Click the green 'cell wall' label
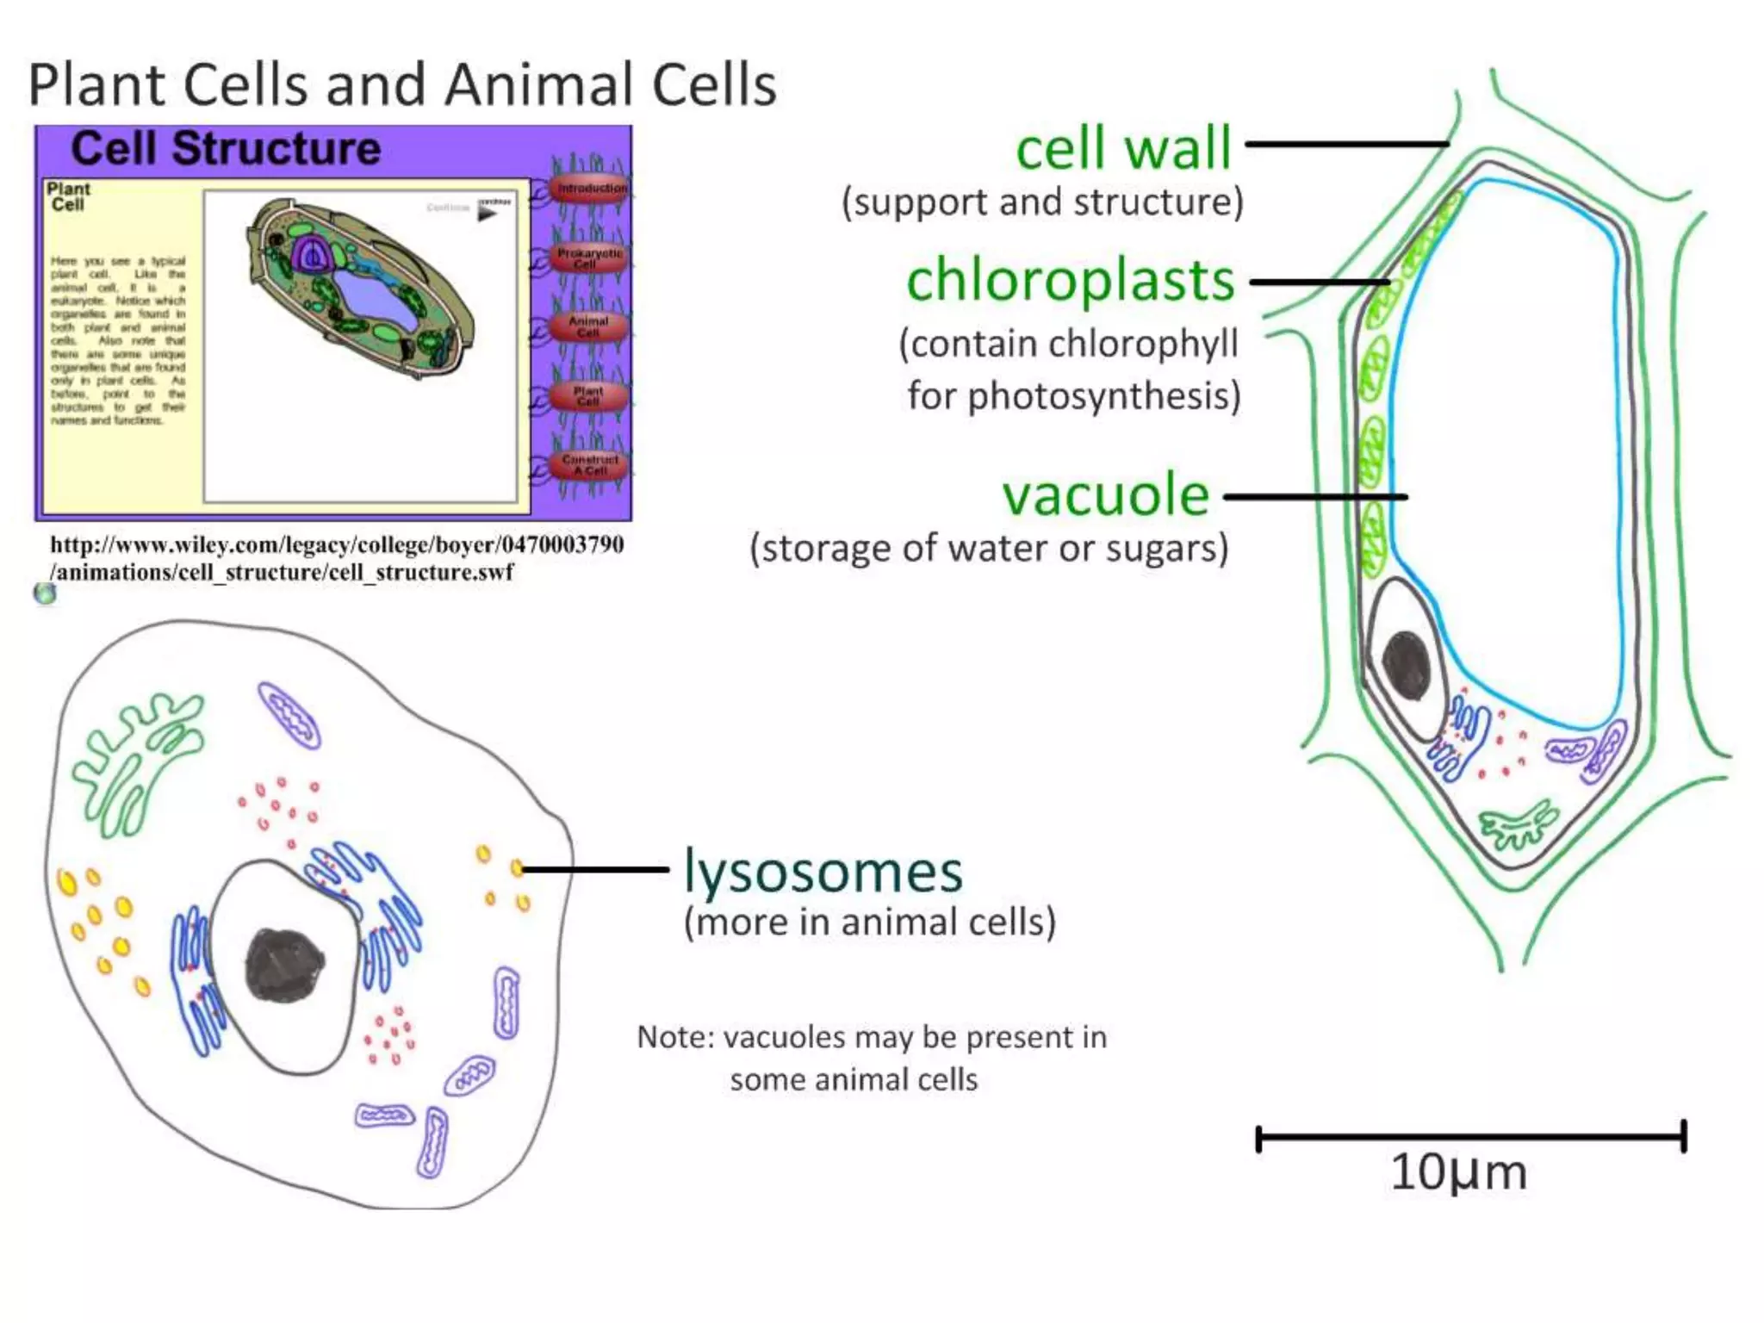[x=1123, y=148]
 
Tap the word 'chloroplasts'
[x=1071, y=281]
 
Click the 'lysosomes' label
[x=823, y=872]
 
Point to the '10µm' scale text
[x=1458, y=1172]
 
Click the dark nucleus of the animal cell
[x=284, y=966]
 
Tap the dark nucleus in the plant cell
[x=1407, y=666]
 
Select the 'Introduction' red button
[x=591, y=188]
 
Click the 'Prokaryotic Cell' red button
[x=589, y=258]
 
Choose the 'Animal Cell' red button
[x=588, y=326]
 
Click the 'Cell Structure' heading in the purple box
[x=226, y=148]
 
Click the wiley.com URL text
[x=336, y=558]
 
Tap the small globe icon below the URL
[x=45, y=593]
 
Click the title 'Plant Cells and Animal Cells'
[x=402, y=85]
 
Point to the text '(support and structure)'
[x=1042, y=202]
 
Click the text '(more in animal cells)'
[x=870, y=922]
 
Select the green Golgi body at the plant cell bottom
[x=1518, y=825]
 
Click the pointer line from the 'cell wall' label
[x=1346, y=144]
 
